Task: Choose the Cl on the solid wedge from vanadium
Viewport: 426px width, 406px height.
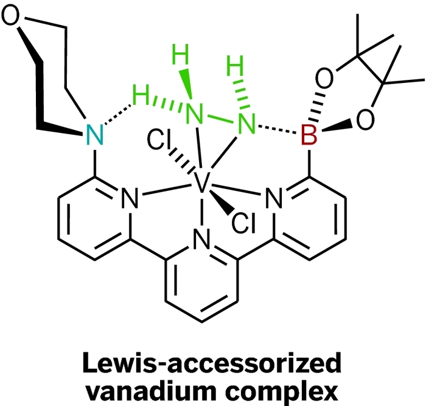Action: click(x=243, y=225)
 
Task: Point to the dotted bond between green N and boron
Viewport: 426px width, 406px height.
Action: click(x=278, y=130)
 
